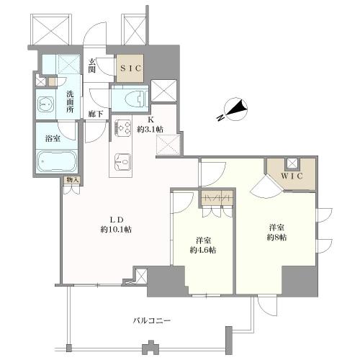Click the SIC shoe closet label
tap(130, 68)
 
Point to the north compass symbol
tap(235, 109)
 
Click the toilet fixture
tap(136, 99)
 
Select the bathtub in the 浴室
tap(57, 161)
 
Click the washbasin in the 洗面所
tap(46, 104)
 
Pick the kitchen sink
tap(122, 161)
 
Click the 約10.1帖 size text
tap(116, 230)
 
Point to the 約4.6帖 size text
tap(203, 250)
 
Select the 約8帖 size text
tap(276, 238)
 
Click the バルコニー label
tap(152, 320)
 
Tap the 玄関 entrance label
tap(91, 66)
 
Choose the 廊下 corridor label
tap(96, 114)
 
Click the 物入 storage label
tap(73, 180)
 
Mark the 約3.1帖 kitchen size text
tap(150, 130)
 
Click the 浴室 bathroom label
tap(53, 138)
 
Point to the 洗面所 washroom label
tap(70, 102)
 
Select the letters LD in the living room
tap(117, 220)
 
